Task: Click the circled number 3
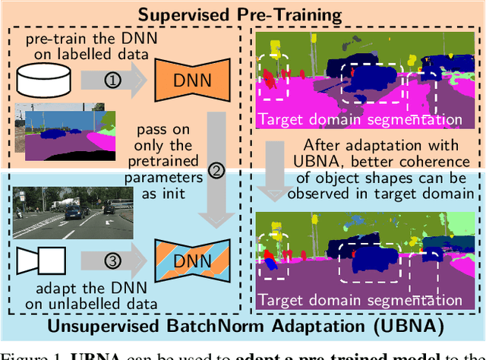click(111, 263)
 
